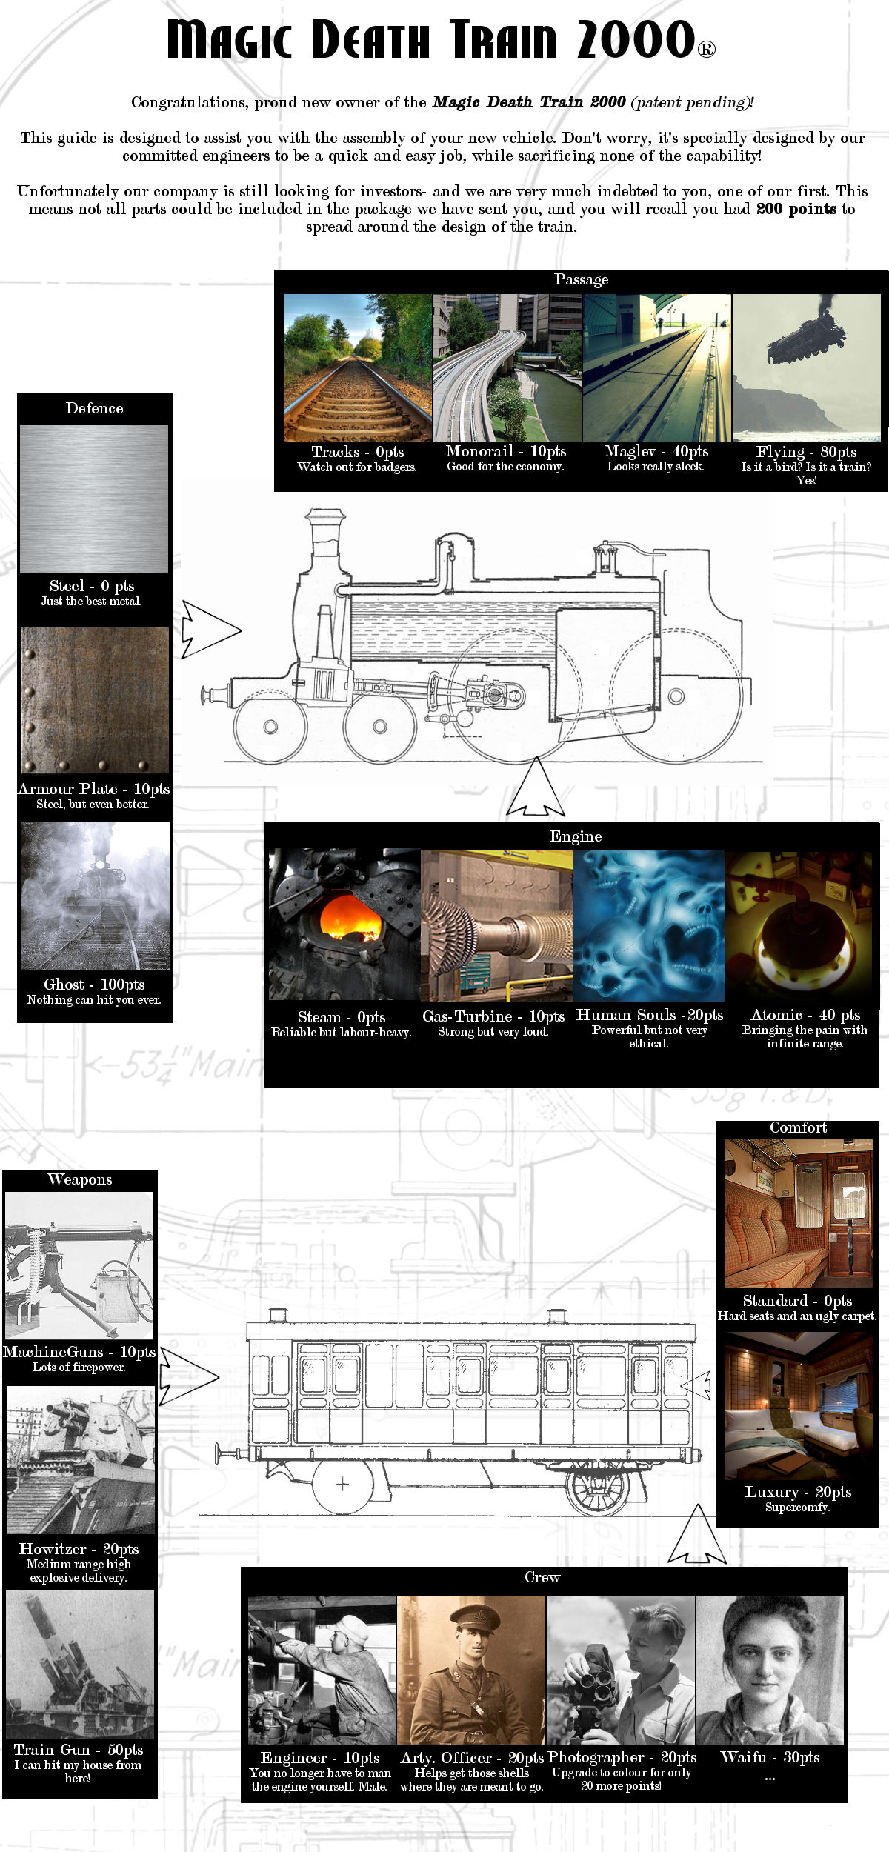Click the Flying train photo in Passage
pyautogui.click(x=806, y=367)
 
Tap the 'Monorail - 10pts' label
pyautogui.click(x=506, y=451)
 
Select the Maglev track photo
pyautogui.click(x=657, y=367)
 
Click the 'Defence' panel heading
pyautogui.click(x=94, y=408)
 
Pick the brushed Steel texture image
pyautogui.click(x=94, y=499)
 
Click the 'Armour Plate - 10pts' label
pyautogui.click(x=94, y=789)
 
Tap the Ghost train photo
pyautogui.click(x=95, y=896)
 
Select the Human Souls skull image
pyautogui.click(x=648, y=925)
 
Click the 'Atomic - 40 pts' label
pyautogui.click(x=805, y=1015)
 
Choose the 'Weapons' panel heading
pyautogui.click(x=79, y=1179)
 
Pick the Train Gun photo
pyautogui.click(x=80, y=1664)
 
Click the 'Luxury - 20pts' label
pyautogui.click(x=798, y=1492)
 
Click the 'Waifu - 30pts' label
pyautogui.click(x=770, y=1756)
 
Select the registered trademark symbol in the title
pyautogui.click(x=706, y=50)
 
